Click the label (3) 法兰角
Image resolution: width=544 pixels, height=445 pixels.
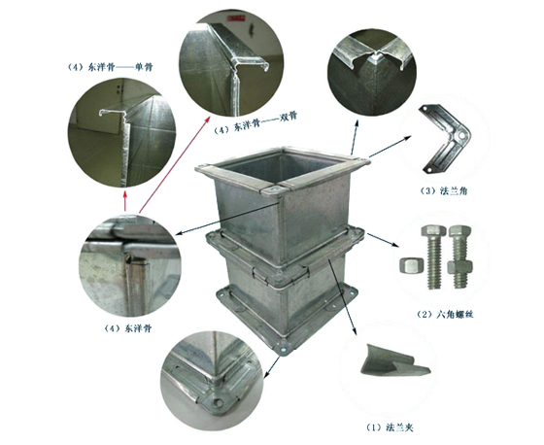(x=443, y=190)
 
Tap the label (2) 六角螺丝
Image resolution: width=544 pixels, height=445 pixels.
(x=445, y=315)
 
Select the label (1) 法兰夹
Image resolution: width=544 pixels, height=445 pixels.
(x=390, y=428)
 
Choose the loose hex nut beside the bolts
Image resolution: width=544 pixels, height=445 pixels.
(x=409, y=266)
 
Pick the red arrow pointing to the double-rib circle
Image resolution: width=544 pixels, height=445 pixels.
(x=174, y=164)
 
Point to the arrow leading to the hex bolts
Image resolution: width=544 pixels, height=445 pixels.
(x=383, y=240)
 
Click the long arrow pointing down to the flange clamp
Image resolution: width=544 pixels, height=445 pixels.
(x=342, y=296)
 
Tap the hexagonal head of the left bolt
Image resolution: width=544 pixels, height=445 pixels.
(x=433, y=231)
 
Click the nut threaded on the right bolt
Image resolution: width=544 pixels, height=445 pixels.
(x=460, y=267)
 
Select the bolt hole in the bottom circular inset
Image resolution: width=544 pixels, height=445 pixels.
(x=218, y=403)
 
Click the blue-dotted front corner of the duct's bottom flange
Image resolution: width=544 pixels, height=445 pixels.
(x=284, y=349)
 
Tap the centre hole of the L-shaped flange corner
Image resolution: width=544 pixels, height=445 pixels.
(x=461, y=134)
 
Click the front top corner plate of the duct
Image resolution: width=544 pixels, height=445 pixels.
(x=275, y=190)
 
